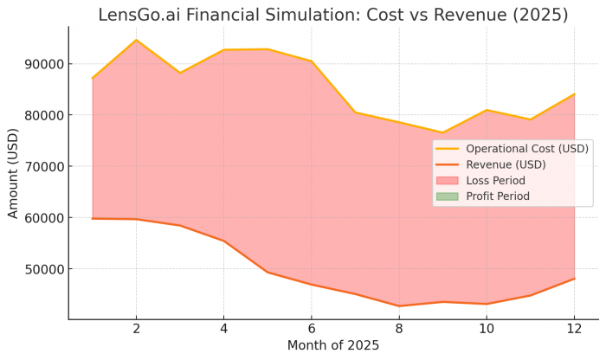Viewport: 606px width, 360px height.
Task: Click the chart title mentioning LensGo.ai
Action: click(332, 15)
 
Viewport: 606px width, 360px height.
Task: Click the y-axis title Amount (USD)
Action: click(13, 174)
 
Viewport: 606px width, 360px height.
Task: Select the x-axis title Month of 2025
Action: click(332, 345)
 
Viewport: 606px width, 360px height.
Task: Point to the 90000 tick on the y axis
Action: click(45, 64)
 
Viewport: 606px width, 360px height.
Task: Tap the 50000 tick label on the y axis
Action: click(45, 269)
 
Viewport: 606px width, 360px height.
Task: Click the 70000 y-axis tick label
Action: click(45, 166)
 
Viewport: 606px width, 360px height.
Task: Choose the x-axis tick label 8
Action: click(399, 329)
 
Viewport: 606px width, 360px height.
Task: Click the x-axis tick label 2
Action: click(136, 329)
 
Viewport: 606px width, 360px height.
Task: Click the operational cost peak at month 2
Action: click(136, 40)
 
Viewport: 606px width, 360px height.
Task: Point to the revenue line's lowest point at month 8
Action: click(399, 305)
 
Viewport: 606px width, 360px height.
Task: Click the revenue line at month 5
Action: click(268, 273)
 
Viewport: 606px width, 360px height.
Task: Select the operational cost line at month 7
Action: click(355, 112)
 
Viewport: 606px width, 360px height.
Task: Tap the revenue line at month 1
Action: click(93, 218)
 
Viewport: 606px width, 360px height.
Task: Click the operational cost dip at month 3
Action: click(180, 73)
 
